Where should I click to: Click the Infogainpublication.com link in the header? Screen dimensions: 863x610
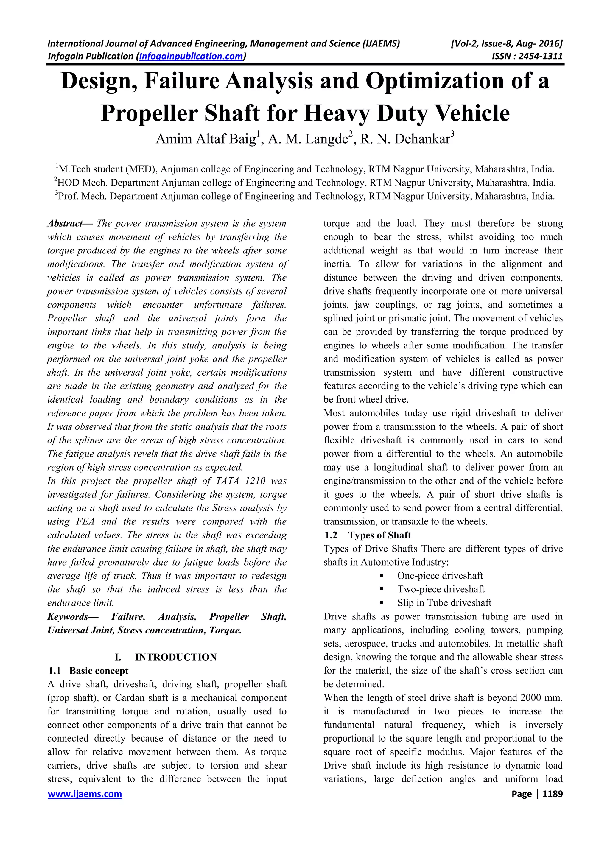click(191, 56)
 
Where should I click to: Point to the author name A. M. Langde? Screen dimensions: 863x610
click(311, 139)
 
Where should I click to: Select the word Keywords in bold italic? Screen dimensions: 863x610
click(68, 617)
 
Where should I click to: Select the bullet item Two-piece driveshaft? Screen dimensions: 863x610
click(441, 589)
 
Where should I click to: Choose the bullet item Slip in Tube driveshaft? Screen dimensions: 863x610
click(444, 603)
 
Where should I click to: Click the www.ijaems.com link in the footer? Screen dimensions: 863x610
click(85, 794)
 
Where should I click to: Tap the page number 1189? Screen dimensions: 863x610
click(553, 794)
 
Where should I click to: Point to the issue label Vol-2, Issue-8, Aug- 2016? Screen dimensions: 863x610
click(506, 43)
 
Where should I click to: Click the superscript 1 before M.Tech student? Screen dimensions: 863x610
click(57, 166)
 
